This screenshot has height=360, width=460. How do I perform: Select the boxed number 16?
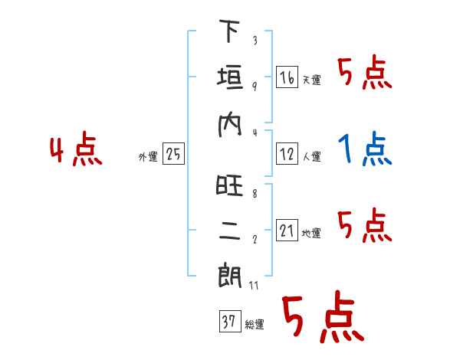[287, 77]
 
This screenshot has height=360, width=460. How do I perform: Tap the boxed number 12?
[287, 155]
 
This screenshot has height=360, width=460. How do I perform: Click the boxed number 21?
[287, 231]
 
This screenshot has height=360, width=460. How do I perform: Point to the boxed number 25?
[173, 155]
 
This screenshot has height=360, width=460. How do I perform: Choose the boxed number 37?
[228, 322]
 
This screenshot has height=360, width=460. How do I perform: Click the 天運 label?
[311, 80]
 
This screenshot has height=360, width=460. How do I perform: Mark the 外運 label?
[148, 158]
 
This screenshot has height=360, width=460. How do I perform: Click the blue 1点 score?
[366, 149]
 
